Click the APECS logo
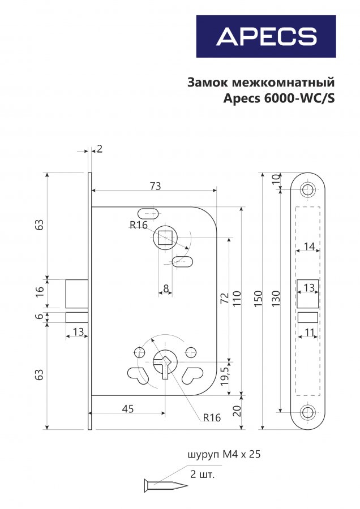click(x=266, y=36)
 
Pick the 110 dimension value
click(x=237, y=297)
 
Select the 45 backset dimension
click(x=128, y=409)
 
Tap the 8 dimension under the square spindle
click(x=166, y=289)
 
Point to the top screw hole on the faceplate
click(x=308, y=189)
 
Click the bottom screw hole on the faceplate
click(x=308, y=412)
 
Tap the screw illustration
click(x=165, y=485)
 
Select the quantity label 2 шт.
click(x=202, y=473)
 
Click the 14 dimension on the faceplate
click(x=308, y=247)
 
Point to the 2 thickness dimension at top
click(x=100, y=149)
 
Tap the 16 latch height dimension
click(x=39, y=292)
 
